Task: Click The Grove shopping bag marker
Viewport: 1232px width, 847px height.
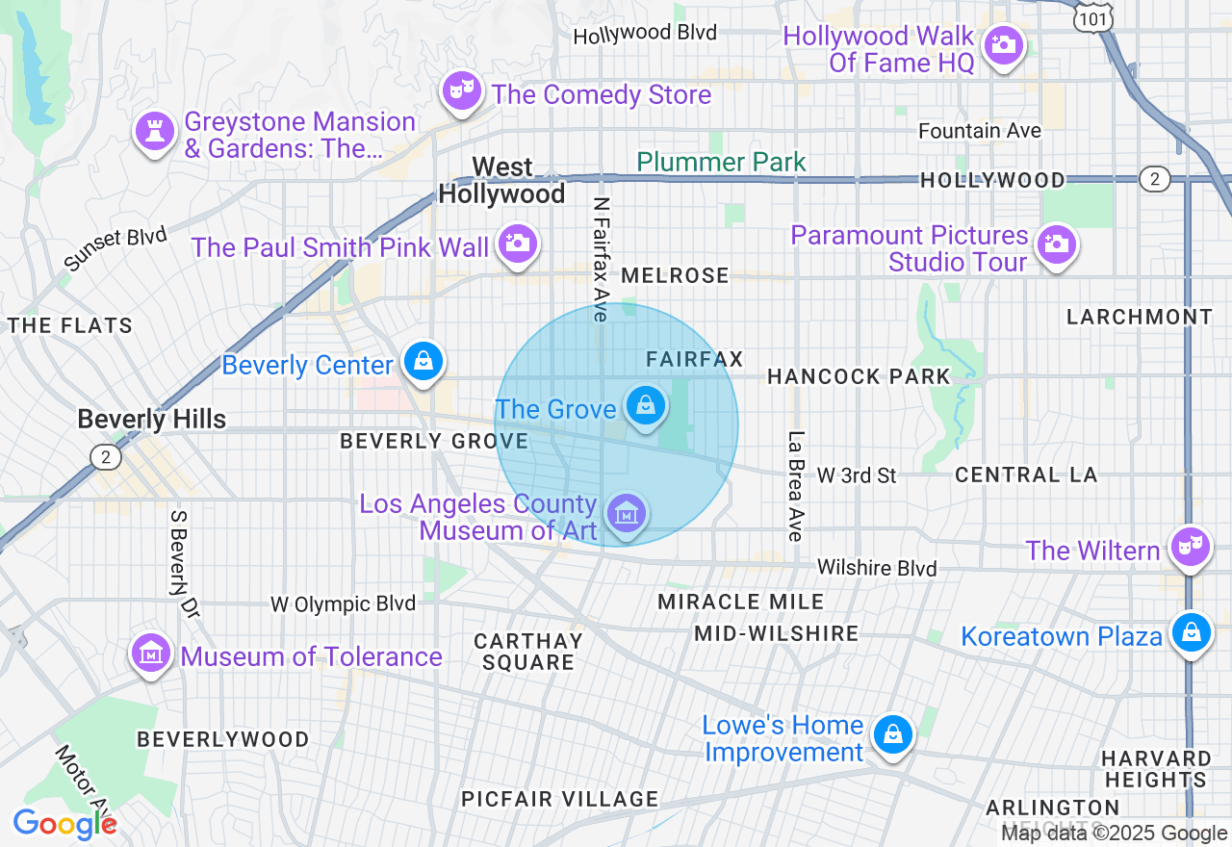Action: (x=644, y=406)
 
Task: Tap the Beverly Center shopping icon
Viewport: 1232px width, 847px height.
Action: (x=423, y=362)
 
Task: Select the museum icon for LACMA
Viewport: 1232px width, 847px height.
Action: (x=627, y=512)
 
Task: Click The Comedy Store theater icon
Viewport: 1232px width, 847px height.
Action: (x=461, y=92)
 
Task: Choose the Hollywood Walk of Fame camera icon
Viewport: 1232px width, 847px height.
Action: (x=1004, y=44)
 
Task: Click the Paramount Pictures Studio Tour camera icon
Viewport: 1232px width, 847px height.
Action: (x=1056, y=244)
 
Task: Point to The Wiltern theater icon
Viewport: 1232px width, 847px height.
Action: (x=1191, y=547)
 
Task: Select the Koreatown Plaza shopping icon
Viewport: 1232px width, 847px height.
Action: (x=1191, y=633)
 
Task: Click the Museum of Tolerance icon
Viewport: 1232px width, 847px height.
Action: (x=151, y=654)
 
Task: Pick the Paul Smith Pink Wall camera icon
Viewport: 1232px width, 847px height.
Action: (x=517, y=244)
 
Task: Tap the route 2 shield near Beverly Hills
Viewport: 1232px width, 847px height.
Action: (x=106, y=456)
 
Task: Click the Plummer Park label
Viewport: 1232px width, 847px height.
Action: (x=721, y=162)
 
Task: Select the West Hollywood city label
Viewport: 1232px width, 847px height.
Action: (x=501, y=180)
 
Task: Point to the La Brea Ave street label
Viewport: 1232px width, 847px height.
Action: (x=795, y=485)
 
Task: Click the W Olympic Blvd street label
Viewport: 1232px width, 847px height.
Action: (x=343, y=603)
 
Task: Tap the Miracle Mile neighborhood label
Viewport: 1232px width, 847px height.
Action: (x=740, y=602)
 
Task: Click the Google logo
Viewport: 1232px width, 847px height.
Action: (x=64, y=824)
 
